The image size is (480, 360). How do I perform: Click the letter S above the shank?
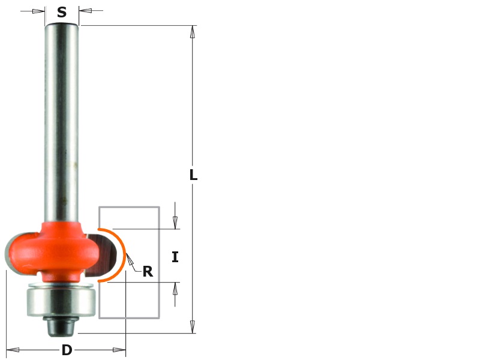pyautogui.click(x=62, y=13)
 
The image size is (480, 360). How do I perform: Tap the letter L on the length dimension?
pyautogui.click(x=193, y=175)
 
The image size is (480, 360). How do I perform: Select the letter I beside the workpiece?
pyautogui.click(x=175, y=257)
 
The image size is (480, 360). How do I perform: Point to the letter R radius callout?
pyautogui.click(x=148, y=272)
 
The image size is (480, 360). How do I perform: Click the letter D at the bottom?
pyautogui.click(x=67, y=350)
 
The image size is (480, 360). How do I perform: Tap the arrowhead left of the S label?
pyautogui.click(x=38, y=11)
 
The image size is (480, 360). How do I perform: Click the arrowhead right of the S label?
pyautogui.click(x=85, y=11)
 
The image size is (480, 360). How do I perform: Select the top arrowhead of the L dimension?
pyautogui.click(x=193, y=32)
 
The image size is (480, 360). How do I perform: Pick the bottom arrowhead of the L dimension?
pyautogui.click(x=193, y=326)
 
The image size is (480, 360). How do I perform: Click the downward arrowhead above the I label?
pyautogui.click(x=175, y=223)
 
